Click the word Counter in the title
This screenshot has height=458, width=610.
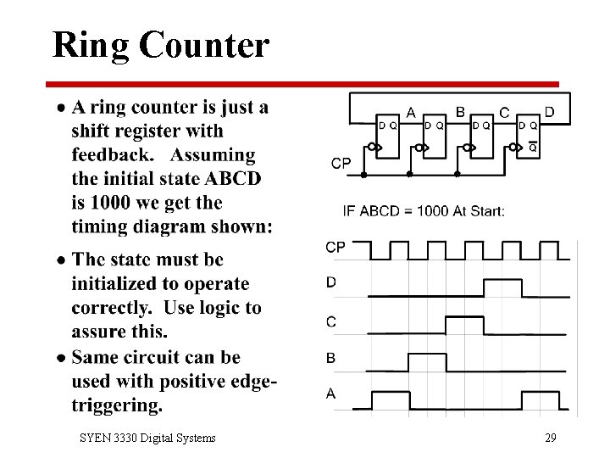206,44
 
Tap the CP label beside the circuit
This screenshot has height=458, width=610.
341,163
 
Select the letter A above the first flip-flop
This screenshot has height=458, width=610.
411,112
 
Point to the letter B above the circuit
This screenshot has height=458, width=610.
460,111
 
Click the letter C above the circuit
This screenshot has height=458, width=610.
505,112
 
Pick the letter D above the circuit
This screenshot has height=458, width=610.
549,111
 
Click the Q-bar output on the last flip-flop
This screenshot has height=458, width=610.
533,147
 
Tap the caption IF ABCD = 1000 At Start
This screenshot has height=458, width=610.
424,210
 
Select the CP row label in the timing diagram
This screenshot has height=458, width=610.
335,247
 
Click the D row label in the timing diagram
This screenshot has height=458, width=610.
330,282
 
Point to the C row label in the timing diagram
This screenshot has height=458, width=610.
330,321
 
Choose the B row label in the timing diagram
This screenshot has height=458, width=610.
330,358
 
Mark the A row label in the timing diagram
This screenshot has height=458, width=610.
330,393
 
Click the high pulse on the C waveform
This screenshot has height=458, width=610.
465,318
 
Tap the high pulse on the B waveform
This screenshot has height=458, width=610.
428,356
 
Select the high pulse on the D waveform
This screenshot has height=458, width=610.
502,281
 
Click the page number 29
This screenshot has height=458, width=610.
551,438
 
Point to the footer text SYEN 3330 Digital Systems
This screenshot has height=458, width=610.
147,438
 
